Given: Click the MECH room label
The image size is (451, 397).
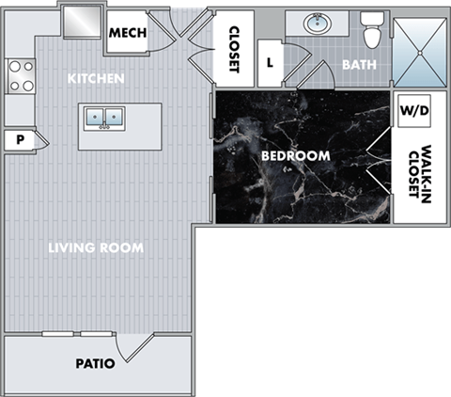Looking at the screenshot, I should [128, 34].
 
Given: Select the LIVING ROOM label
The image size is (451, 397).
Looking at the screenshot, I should [96, 248].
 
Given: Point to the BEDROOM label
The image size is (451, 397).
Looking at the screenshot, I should [295, 155].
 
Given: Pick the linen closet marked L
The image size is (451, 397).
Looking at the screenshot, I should [270, 64].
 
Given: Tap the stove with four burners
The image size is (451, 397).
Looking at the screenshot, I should [20, 76].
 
